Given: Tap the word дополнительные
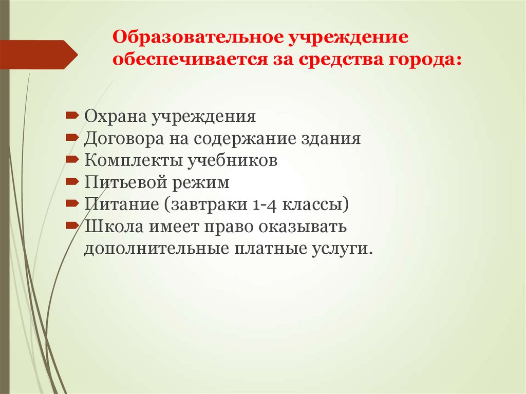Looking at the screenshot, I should (157, 249).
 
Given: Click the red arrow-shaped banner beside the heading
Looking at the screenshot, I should (39, 54).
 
